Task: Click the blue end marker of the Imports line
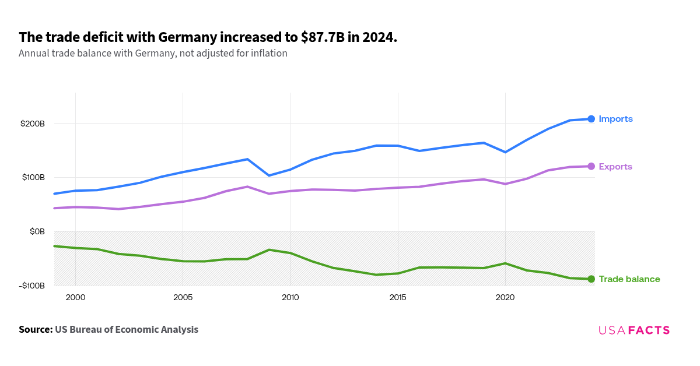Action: point(591,119)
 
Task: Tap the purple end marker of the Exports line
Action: point(591,167)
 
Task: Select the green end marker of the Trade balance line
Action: point(591,279)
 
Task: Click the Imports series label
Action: point(615,119)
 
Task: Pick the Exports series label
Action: point(615,167)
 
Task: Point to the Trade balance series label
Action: point(629,279)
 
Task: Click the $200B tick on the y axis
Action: point(32,124)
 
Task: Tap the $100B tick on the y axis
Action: point(32,177)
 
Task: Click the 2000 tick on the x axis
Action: point(75,297)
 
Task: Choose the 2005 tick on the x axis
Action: point(183,297)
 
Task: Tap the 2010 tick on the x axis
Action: point(290,297)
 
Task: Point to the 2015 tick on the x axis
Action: point(397,297)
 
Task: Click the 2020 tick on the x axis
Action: point(505,297)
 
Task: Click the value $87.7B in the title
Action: point(323,38)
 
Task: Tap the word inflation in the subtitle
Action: point(268,53)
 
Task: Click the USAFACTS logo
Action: point(634,330)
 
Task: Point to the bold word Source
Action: point(35,329)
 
